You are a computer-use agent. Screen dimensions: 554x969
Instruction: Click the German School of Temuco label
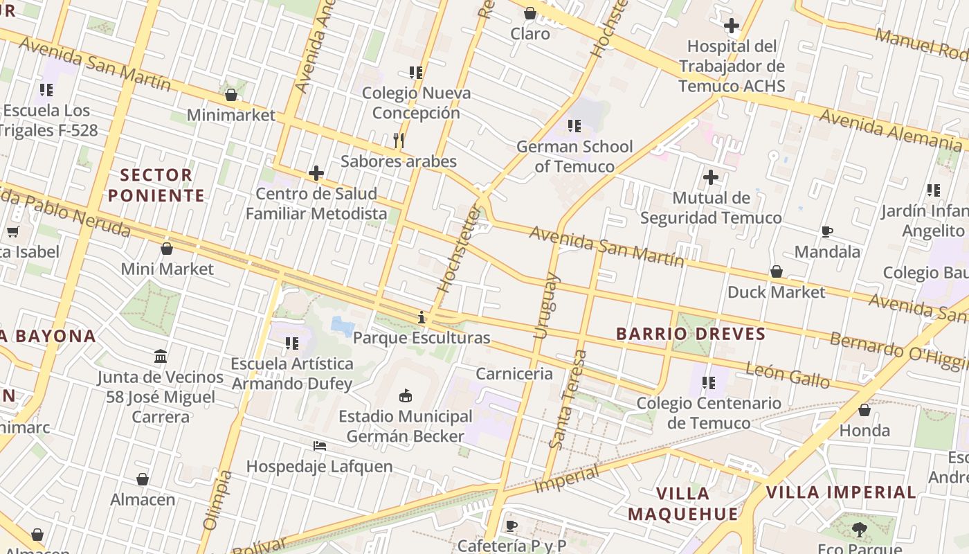coord(574,157)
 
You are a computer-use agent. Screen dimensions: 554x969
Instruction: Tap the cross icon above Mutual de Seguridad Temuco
coord(711,177)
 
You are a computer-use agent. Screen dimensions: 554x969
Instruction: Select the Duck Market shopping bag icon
coord(777,271)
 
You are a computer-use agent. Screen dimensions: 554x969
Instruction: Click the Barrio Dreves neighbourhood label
coord(691,334)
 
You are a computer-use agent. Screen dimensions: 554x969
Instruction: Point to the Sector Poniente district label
coord(156,185)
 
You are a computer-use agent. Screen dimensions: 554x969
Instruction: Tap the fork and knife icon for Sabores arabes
coord(399,141)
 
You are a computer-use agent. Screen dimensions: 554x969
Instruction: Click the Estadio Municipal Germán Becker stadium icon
coord(406,396)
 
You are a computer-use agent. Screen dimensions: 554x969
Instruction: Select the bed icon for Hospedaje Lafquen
coord(320,446)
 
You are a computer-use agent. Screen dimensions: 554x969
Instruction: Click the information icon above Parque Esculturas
coord(422,318)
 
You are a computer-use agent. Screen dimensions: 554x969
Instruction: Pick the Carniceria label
coord(514,374)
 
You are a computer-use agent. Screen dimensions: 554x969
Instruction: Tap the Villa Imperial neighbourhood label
coord(841,492)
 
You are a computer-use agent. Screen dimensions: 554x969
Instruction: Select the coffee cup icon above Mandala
coord(826,231)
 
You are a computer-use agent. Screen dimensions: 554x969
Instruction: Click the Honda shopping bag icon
coord(864,410)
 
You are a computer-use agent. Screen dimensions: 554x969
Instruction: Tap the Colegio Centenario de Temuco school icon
coord(709,382)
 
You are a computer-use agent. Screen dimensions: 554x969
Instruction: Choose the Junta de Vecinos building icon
coord(161,357)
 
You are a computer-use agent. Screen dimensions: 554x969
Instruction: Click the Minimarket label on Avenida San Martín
coord(231,115)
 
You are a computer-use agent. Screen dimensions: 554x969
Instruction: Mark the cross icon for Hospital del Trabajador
coord(732,26)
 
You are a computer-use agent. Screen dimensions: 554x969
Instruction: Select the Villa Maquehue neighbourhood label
coord(682,503)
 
